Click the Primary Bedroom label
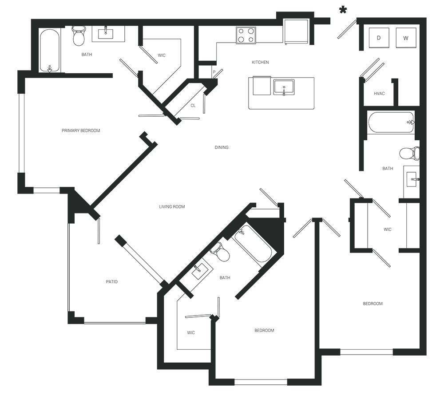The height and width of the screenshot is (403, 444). (x=80, y=130)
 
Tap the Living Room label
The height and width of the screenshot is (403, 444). (x=172, y=207)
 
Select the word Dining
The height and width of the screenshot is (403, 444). (x=221, y=147)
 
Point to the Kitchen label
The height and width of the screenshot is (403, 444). (x=260, y=62)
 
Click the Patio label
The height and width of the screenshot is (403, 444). (x=112, y=282)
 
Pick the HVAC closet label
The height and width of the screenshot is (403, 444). (x=379, y=94)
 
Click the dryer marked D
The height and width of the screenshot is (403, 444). (x=379, y=38)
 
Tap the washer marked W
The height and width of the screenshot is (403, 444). (x=406, y=38)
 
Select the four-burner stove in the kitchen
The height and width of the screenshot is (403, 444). (x=246, y=35)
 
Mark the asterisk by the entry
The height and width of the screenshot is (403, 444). (x=342, y=10)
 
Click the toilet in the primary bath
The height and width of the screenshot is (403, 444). (x=79, y=36)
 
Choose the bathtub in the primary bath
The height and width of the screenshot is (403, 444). (x=49, y=51)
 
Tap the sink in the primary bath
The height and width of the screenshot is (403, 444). (x=106, y=34)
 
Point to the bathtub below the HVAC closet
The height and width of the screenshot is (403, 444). (x=391, y=122)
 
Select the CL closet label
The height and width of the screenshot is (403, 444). (x=193, y=106)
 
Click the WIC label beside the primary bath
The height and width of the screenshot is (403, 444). (x=162, y=55)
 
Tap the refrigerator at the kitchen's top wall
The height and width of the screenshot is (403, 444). (x=296, y=31)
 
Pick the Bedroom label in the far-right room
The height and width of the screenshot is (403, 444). (x=373, y=304)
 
